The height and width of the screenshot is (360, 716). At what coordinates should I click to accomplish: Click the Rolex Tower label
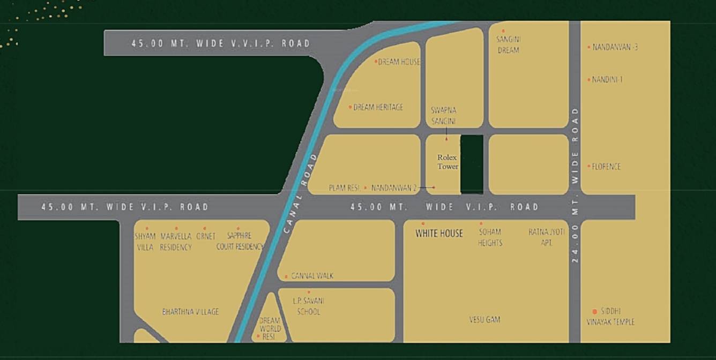[x=447, y=162]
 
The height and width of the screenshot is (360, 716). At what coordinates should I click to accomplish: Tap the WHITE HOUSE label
[x=439, y=233]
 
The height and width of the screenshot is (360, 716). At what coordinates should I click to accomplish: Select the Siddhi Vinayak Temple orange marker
[x=594, y=311]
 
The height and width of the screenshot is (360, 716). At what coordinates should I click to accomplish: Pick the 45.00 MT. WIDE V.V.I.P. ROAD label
[x=221, y=43]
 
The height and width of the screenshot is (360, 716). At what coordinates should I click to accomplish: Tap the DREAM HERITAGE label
[x=378, y=107]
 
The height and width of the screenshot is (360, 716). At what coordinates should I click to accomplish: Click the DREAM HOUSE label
[x=399, y=62]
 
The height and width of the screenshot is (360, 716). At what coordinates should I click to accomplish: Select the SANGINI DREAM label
[x=508, y=44]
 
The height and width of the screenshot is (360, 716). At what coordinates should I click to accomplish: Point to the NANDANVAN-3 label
[x=615, y=47]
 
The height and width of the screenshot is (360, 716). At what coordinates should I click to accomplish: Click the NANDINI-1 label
[x=607, y=80]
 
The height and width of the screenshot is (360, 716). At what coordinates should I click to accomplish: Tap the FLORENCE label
[x=606, y=167]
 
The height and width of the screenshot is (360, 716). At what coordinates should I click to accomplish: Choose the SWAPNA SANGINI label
[x=444, y=116]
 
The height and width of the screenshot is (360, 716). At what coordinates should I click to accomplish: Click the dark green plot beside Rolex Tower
[x=472, y=164]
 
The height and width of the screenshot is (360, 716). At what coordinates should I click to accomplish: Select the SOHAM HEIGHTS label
[x=490, y=237]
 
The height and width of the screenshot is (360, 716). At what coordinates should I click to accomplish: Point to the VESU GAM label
[x=484, y=320]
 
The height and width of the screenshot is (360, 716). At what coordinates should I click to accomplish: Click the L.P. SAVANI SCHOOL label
[x=308, y=306]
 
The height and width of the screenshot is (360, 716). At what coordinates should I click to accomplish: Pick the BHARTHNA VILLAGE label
[x=190, y=312]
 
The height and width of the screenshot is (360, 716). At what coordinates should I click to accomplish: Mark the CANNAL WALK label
[x=312, y=276]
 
